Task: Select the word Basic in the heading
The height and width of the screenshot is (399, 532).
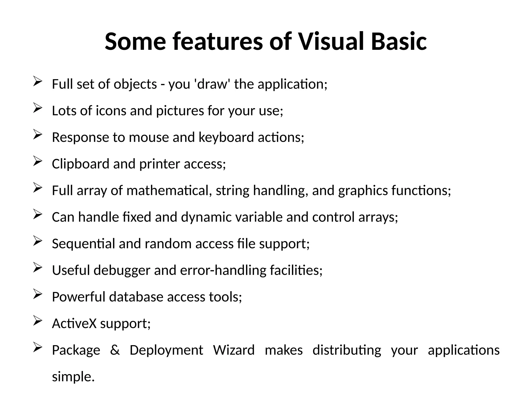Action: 399,42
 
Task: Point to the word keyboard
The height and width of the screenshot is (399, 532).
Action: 226,137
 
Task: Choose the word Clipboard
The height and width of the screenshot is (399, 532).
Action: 81,164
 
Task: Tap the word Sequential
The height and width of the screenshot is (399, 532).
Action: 83,244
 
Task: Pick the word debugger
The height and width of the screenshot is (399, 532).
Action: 122,270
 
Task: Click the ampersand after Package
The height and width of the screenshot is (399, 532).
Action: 115,350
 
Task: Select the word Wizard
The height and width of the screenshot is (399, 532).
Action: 234,350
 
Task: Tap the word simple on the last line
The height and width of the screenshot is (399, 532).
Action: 73,377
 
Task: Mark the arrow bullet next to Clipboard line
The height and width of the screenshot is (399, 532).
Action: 38,161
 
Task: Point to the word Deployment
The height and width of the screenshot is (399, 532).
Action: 166,350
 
